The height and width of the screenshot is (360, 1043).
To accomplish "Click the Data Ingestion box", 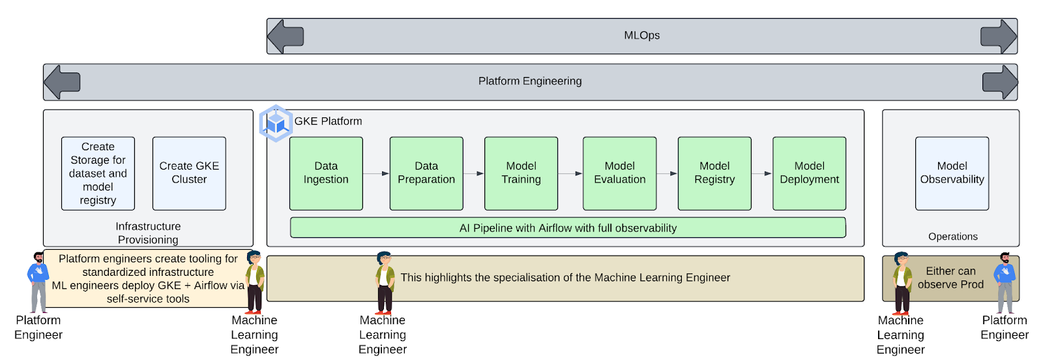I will (326, 173).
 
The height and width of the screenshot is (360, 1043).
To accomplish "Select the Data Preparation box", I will (426, 173).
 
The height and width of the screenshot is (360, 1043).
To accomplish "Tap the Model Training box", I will (521, 173).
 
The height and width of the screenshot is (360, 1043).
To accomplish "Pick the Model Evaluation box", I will (619, 173).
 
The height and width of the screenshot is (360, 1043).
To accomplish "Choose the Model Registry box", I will (714, 173).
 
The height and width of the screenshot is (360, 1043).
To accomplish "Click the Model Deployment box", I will (809, 173).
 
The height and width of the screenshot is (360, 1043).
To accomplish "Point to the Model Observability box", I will (952, 173).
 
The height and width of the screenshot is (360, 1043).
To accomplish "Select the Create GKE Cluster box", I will (189, 173).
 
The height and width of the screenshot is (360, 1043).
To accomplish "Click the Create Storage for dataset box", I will (98, 173).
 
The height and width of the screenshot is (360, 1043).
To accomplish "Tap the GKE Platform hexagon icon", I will (276, 123).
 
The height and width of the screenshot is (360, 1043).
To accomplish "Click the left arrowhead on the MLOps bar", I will (286, 36).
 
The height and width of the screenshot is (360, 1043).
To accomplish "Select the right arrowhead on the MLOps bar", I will (999, 36).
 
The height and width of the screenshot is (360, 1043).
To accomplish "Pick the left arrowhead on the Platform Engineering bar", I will (62, 82).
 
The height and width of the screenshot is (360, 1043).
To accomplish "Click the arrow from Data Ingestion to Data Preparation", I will (376, 173).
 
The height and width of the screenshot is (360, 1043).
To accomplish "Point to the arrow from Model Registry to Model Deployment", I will (761, 173).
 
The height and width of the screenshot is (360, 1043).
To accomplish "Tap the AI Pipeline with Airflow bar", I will (568, 228).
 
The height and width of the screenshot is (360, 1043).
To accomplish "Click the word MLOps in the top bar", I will (641, 36).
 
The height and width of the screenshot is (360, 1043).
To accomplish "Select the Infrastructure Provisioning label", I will (148, 233).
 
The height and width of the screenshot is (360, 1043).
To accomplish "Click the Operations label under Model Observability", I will (952, 237).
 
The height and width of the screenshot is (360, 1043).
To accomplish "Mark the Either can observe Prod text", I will (950, 278).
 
